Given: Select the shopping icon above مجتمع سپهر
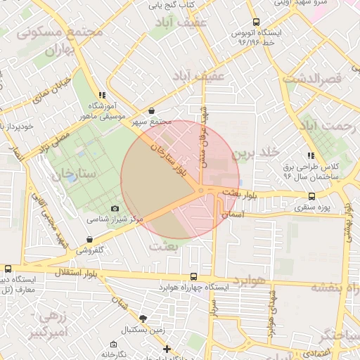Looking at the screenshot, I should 153,110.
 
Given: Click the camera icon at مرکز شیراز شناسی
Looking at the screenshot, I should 115,208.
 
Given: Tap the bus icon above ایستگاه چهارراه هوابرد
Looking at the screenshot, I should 193,277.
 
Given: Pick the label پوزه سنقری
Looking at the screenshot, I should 314,208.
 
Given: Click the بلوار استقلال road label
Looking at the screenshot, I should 77,271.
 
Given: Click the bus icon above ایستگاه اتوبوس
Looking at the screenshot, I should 257,22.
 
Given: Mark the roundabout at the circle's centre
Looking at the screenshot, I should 201,191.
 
